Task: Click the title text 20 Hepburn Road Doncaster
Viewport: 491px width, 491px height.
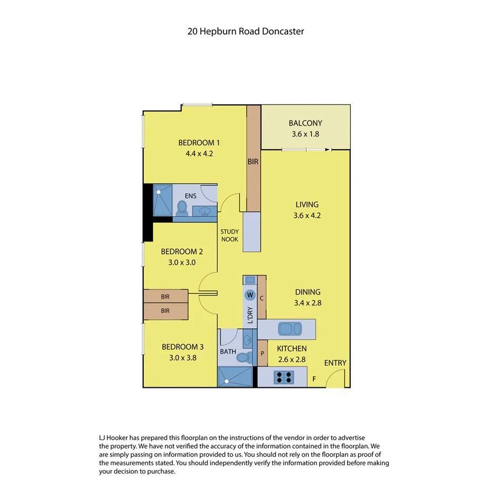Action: coord(246,31)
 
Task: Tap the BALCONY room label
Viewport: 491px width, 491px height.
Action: coord(305,123)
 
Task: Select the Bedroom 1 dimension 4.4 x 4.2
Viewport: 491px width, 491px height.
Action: coord(199,154)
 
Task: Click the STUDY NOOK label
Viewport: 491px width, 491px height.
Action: coord(230,235)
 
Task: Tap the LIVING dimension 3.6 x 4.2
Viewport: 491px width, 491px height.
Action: coord(307,215)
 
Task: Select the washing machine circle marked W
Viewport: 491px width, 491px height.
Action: coord(250,294)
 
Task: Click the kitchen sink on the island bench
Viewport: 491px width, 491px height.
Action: coord(289,329)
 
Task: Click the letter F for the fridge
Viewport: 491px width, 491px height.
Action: coord(315,378)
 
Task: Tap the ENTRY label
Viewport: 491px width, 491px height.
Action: coord(335,363)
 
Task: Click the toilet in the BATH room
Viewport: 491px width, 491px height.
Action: coord(243,358)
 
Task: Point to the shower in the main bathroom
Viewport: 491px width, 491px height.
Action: coord(235,377)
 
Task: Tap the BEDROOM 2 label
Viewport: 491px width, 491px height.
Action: coord(182,251)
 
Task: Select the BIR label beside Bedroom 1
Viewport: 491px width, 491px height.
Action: coord(253,162)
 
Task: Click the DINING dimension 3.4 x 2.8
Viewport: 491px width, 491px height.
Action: coord(308,303)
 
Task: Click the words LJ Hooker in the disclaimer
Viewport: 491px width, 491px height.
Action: coord(115,438)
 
